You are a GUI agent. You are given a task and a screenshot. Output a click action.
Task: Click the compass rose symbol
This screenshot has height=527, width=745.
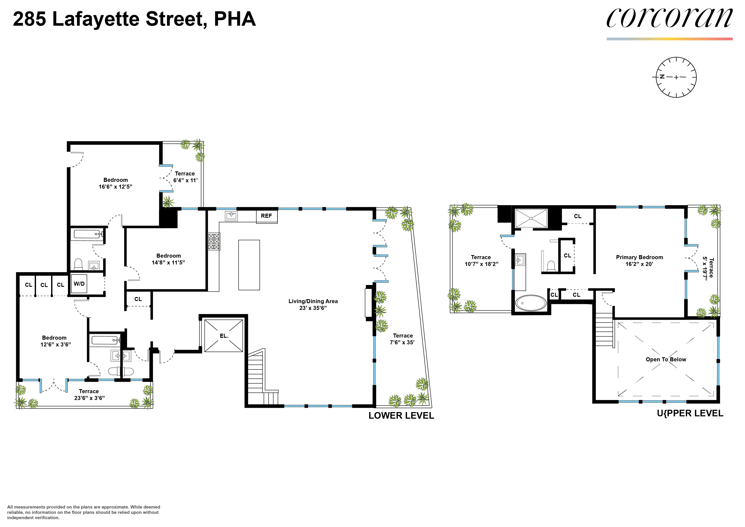click(676, 77)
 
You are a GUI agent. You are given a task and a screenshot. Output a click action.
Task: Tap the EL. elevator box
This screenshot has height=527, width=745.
click(224, 336)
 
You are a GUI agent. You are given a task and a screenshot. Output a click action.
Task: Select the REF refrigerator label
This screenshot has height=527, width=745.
click(266, 216)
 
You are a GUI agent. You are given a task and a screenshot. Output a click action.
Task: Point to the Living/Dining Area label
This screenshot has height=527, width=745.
click(313, 304)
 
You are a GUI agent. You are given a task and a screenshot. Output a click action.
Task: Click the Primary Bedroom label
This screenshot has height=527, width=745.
click(639, 260)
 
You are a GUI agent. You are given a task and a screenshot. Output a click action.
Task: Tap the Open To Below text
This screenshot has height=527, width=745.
click(666, 359)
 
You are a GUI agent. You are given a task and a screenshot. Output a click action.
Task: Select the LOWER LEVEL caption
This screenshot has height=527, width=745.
click(401, 416)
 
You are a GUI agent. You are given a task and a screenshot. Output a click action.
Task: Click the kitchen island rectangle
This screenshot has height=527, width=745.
click(249, 265)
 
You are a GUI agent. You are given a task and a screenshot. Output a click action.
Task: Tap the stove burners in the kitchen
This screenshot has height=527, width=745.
click(214, 242)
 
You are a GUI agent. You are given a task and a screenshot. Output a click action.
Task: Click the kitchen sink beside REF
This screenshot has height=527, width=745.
click(231, 215)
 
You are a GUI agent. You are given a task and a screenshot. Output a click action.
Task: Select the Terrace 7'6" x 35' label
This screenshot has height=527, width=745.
click(402, 339)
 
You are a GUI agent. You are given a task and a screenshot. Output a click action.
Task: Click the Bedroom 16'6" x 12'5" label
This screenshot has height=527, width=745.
click(116, 183)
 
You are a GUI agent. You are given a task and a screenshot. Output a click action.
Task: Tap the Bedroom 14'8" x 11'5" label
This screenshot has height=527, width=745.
click(168, 259)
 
